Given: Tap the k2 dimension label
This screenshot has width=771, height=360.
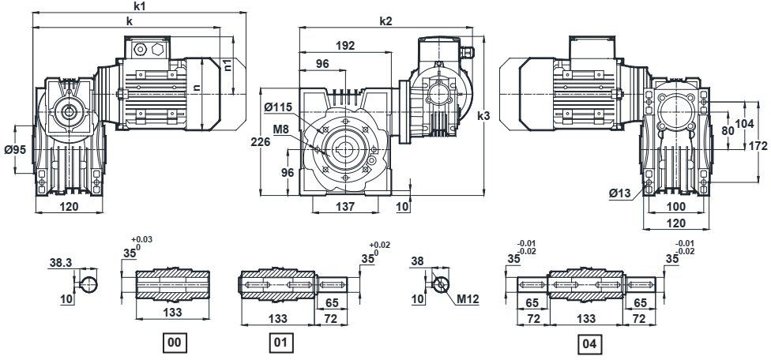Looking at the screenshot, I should tap(385, 21).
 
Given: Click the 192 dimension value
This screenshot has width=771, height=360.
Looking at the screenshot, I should tap(344, 46).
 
